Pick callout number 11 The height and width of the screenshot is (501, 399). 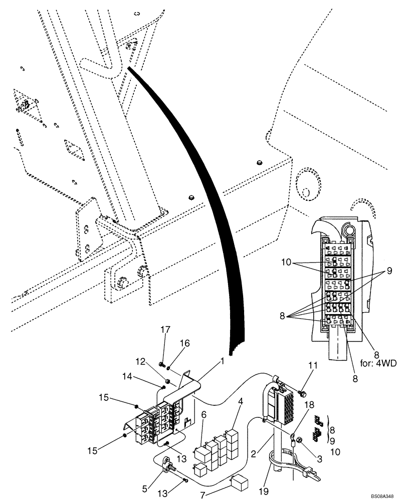[301, 381]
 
